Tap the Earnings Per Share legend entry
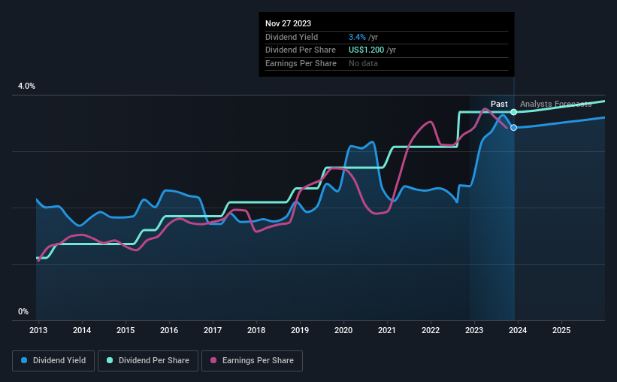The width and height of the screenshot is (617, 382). click(252, 361)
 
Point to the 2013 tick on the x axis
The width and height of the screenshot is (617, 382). click(38, 330)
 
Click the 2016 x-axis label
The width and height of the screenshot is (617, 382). click(169, 330)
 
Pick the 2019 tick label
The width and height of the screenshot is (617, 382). click(300, 330)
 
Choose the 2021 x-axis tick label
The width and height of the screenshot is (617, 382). click(387, 330)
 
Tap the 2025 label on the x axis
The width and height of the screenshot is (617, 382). click(561, 330)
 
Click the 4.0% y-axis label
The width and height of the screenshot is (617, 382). click(27, 86)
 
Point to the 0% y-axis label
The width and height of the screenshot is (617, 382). click(23, 312)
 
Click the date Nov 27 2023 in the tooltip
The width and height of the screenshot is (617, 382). click(288, 23)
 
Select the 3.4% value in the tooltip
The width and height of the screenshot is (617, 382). click(357, 37)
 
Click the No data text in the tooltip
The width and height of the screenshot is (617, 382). click(363, 64)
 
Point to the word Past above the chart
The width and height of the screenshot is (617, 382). click(499, 104)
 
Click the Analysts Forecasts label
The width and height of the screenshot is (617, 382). click(555, 104)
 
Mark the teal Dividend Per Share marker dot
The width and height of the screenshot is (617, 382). click(513, 112)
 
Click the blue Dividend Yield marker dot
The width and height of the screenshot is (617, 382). click(513, 128)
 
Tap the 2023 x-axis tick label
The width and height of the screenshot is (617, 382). click(474, 330)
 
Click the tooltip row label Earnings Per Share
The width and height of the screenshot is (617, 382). click(301, 64)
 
